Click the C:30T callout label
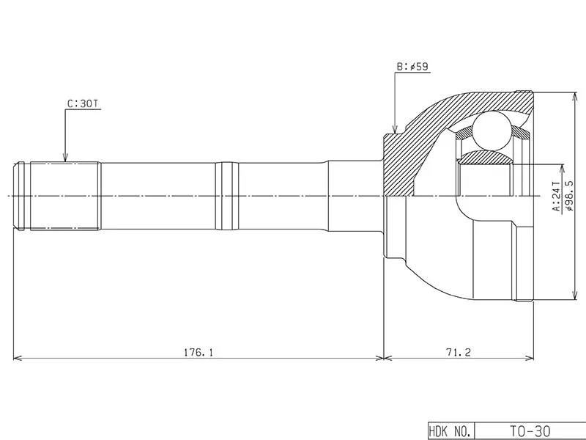click(84, 103)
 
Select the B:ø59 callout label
click(412, 67)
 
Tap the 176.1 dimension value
click(199, 352)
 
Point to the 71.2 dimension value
click(459, 352)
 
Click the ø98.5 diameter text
click(570, 196)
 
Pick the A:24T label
click(557, 197)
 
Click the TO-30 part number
click(530, 431)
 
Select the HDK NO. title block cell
click(450, 431)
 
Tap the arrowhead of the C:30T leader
click(65, 158)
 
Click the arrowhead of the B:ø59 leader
click(395, 129)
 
